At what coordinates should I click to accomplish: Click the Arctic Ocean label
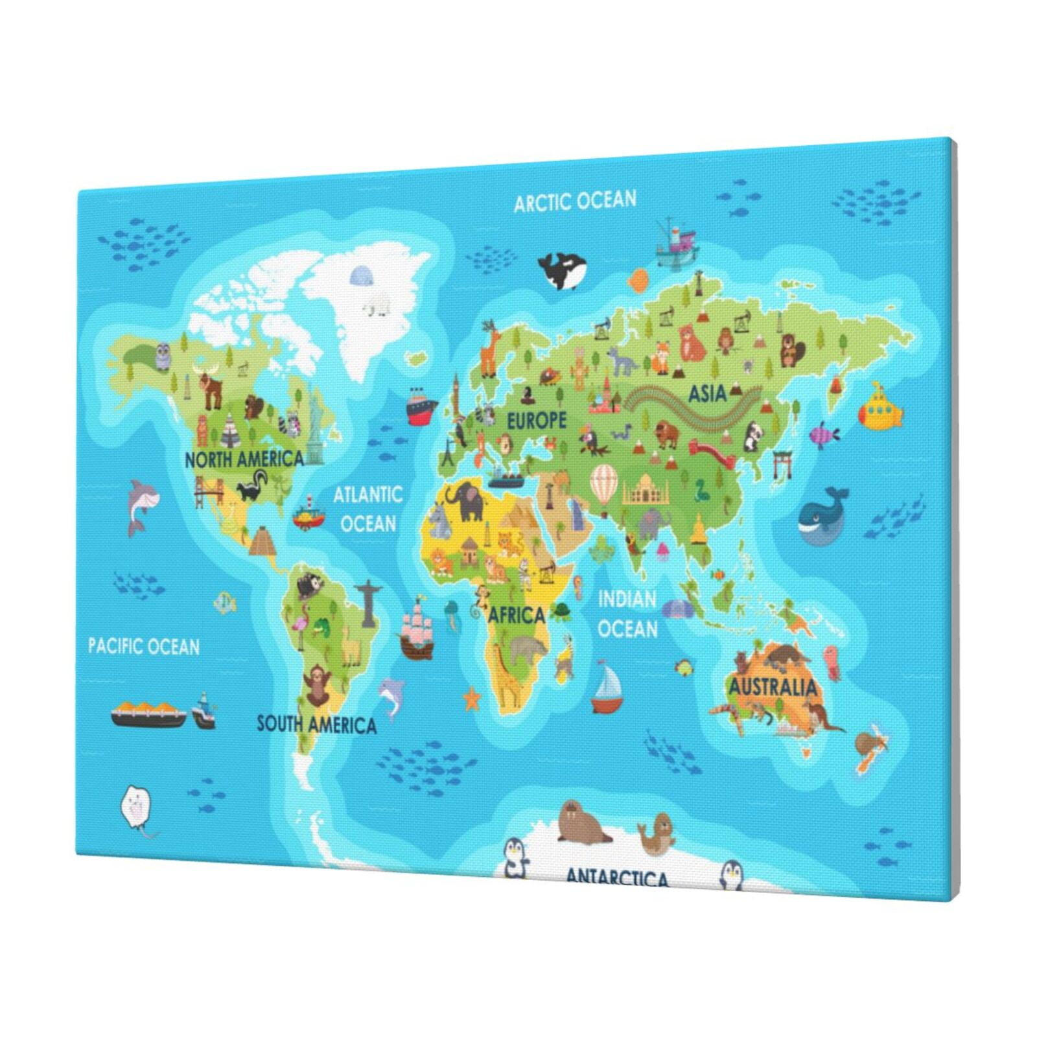click(575, 201)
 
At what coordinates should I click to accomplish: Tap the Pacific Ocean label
click(144, 646)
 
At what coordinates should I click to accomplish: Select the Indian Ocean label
click(627, 614)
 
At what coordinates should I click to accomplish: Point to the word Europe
click(536, 421)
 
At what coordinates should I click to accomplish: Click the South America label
click(316, 724)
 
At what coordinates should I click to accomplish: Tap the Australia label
click(773, 686)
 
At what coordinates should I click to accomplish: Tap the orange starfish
click(472, 699)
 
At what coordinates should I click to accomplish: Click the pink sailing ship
click(417, 629)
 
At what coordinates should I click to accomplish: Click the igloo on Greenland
click(362, 277)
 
